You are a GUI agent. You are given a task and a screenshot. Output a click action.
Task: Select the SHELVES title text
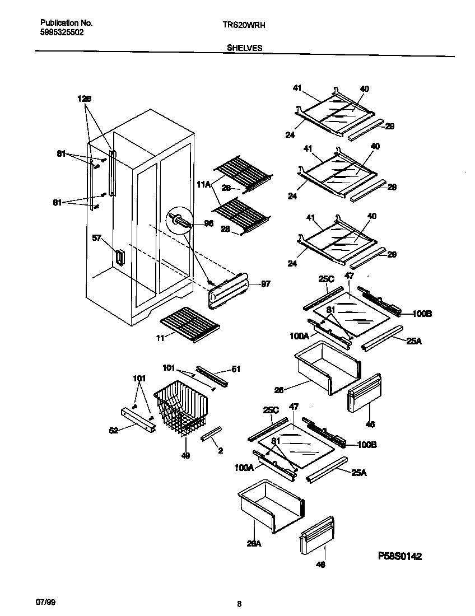[x=245, y=48]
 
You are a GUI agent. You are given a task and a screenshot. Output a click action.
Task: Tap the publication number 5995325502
[x=62, y=33]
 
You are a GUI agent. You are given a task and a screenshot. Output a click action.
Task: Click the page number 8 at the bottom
[x=239, y=604]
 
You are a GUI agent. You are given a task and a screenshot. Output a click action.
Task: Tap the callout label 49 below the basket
[x=185, y=456]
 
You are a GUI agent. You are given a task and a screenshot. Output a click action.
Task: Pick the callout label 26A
[x=255, y=542]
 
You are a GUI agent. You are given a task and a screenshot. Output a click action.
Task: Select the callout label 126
[x=85, y=99]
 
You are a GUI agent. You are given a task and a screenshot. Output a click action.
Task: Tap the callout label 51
[x=236, y=369]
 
